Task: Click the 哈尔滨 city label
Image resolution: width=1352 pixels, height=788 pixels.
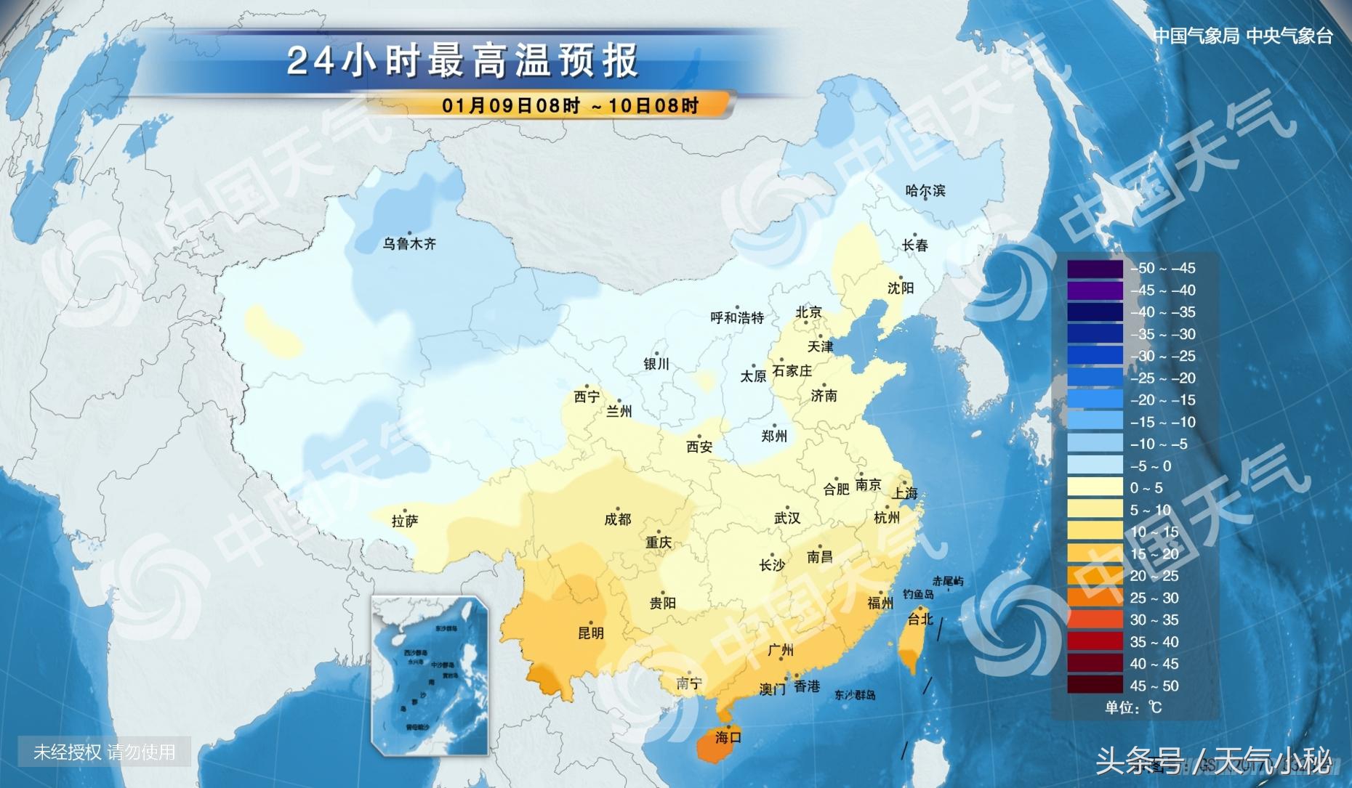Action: pyautogui.click(x=925, y=191)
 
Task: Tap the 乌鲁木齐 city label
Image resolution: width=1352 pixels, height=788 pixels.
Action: pyautogui.click(x=409, y=244)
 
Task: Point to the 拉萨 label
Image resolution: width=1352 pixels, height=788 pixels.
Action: pyautogui.click(x=405, y=521)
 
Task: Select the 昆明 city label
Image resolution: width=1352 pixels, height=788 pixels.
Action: pyautogui.click(x=590, y=633)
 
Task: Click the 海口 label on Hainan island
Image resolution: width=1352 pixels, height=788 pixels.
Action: pyautogui.click(x=728, y=738)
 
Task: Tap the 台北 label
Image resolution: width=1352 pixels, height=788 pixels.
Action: pyautogui.click(x=920, y=620)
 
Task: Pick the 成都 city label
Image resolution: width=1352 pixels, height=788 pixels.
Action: pyautogui.click(x=617, y=520)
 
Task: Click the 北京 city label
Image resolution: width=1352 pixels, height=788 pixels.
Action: pyautogui.click(x=808, y=312)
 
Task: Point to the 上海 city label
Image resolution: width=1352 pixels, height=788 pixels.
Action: pyautogui.click(x=905, y=494)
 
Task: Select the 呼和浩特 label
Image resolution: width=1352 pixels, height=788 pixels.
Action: pyautogui.click(x=737, y=318)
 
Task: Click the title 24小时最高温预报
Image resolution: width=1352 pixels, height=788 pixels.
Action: pyautogui.click(x=463, y=61)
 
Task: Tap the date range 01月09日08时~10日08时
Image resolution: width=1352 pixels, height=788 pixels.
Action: pyautogui.click(x=570, y=106)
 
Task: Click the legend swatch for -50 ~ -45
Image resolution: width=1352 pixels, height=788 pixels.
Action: pyautogui.click(x=1095, y=269)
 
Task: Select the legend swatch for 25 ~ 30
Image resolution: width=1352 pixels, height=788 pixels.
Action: pyautogui.click(x=1095, y=598)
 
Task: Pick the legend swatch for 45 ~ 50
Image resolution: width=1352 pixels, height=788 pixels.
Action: pyautogui.click(x=1095, y=686)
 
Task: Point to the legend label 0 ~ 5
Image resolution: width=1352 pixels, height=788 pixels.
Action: pyautogui.click(x=1146, y=488)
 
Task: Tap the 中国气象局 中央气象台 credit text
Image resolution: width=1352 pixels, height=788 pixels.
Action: pyautogui.click(x=1243, y=36)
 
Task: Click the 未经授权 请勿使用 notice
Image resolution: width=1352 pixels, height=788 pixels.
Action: pyautogui.click(x=105, y=752)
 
